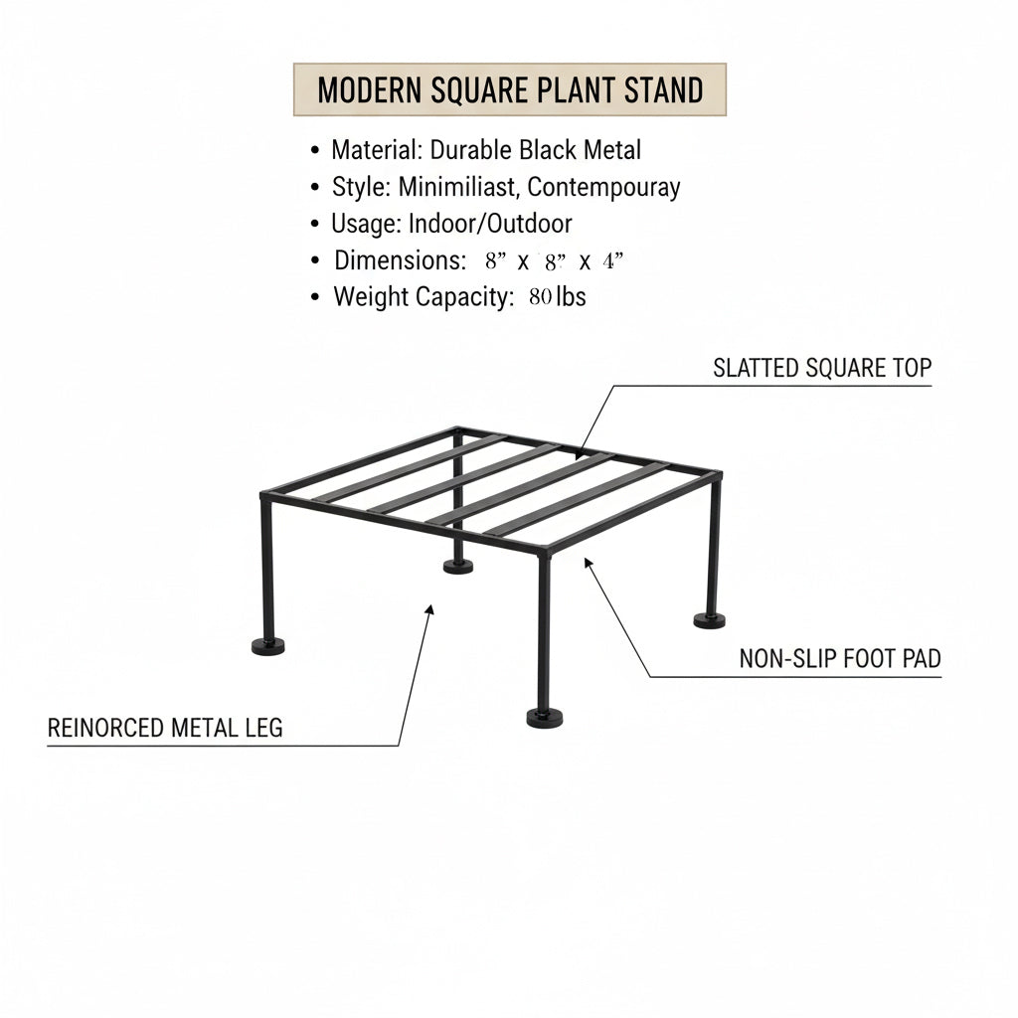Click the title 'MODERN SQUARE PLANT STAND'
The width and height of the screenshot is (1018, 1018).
[x=510, y=89]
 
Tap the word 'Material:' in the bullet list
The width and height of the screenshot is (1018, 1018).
[x=377, y=150]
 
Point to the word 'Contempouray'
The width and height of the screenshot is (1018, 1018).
[x=603, y=188]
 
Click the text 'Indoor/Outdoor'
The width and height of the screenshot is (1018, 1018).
[x=490, y=224]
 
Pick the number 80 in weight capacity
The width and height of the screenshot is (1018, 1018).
[x=540, y=297]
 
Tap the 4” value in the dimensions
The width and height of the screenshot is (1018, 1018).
[x=612, y=260]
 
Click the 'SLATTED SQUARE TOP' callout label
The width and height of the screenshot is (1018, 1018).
[x=822, y=368]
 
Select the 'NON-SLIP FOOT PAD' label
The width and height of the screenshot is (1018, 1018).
[x=840, y=658]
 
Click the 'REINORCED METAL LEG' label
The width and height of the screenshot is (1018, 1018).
[x=165, y=728]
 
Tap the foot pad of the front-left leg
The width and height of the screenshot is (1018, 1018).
[x=268, y=646]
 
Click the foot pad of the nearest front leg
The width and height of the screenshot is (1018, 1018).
[x=544, y=718]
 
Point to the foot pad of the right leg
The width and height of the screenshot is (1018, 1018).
[x=709, y=620]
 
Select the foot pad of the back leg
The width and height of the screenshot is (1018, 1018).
[x=458, y=567]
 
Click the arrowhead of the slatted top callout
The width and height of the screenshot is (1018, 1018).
[x=580, y=453]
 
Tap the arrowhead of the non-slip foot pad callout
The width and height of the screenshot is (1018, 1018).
[x=589, y=563]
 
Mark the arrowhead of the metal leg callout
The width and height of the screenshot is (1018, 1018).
[x=429, y=609]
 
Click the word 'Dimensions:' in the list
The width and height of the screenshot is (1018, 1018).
[x=400, y=261]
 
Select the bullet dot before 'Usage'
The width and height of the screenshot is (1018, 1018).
[x=315, y=224]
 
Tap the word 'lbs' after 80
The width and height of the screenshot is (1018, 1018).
[x=572, y=296]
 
